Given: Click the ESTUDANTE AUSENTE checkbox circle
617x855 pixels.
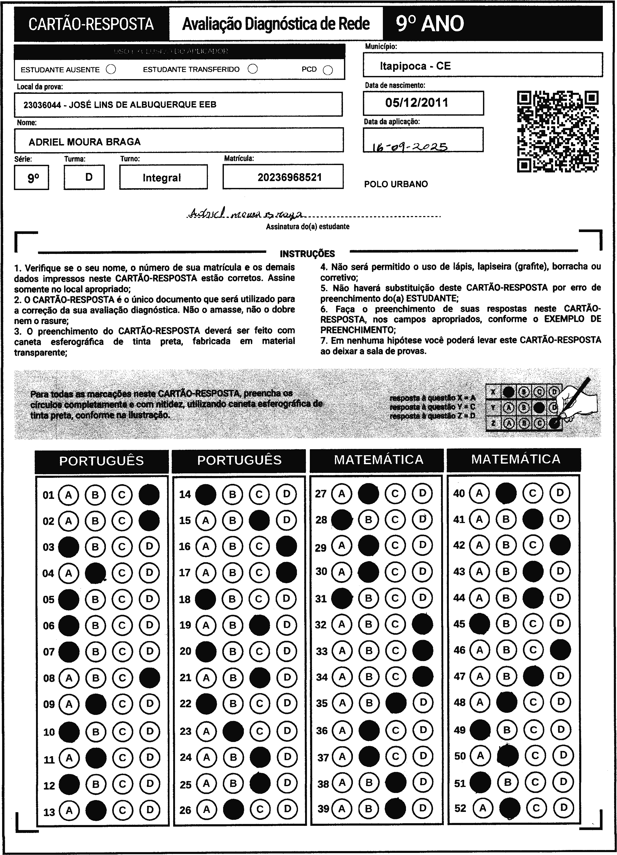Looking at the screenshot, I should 111,69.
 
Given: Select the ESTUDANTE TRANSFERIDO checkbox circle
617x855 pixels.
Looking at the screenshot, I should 253,69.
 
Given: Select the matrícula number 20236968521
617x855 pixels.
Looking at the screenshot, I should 290,177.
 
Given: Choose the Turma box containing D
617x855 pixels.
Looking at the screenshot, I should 84,177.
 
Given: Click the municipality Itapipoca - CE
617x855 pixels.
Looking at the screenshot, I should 415,66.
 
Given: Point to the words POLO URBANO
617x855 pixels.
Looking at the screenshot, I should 396,184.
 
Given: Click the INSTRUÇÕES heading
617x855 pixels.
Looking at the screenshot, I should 307,254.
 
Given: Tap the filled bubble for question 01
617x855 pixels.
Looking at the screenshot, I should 149,494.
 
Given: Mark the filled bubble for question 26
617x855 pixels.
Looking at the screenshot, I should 233,809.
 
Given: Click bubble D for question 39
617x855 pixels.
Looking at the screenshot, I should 423,807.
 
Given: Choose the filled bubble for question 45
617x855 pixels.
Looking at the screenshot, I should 479,623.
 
